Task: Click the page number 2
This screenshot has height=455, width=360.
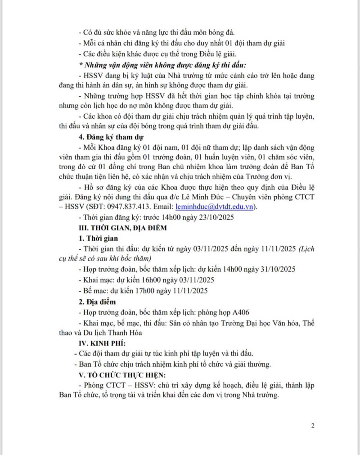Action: (313, 425)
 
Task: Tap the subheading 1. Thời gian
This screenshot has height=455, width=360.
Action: (95, 238)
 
